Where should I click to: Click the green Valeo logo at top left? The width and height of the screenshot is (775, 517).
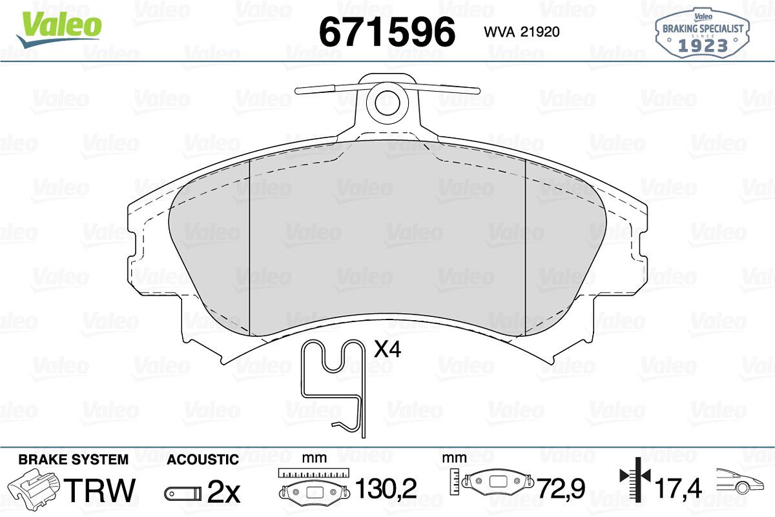(x=59, y=30)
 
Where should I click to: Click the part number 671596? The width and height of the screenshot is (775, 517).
(x=387, y=32)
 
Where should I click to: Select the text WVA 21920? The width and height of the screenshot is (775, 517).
(x=522, y=32)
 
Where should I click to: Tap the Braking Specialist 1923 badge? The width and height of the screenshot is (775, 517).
(x=703, y=33)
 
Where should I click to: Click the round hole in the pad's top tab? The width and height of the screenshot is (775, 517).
(x=387, y=103)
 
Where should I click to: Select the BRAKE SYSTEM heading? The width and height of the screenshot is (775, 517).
(x=74, y=460)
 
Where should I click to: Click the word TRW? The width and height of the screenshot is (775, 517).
(x=101, y=490)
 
